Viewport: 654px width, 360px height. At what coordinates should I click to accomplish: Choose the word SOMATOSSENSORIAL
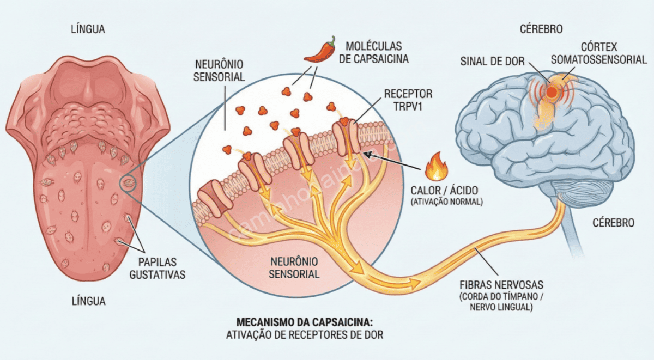[599, 59]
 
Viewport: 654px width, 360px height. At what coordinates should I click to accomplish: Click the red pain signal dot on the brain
[552, 93]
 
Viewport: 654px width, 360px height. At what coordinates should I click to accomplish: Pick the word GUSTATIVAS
[157, 274]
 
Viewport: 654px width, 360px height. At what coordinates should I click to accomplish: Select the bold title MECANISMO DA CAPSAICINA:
[305, 321]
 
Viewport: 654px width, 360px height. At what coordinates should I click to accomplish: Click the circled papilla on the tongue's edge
[130, 184]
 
